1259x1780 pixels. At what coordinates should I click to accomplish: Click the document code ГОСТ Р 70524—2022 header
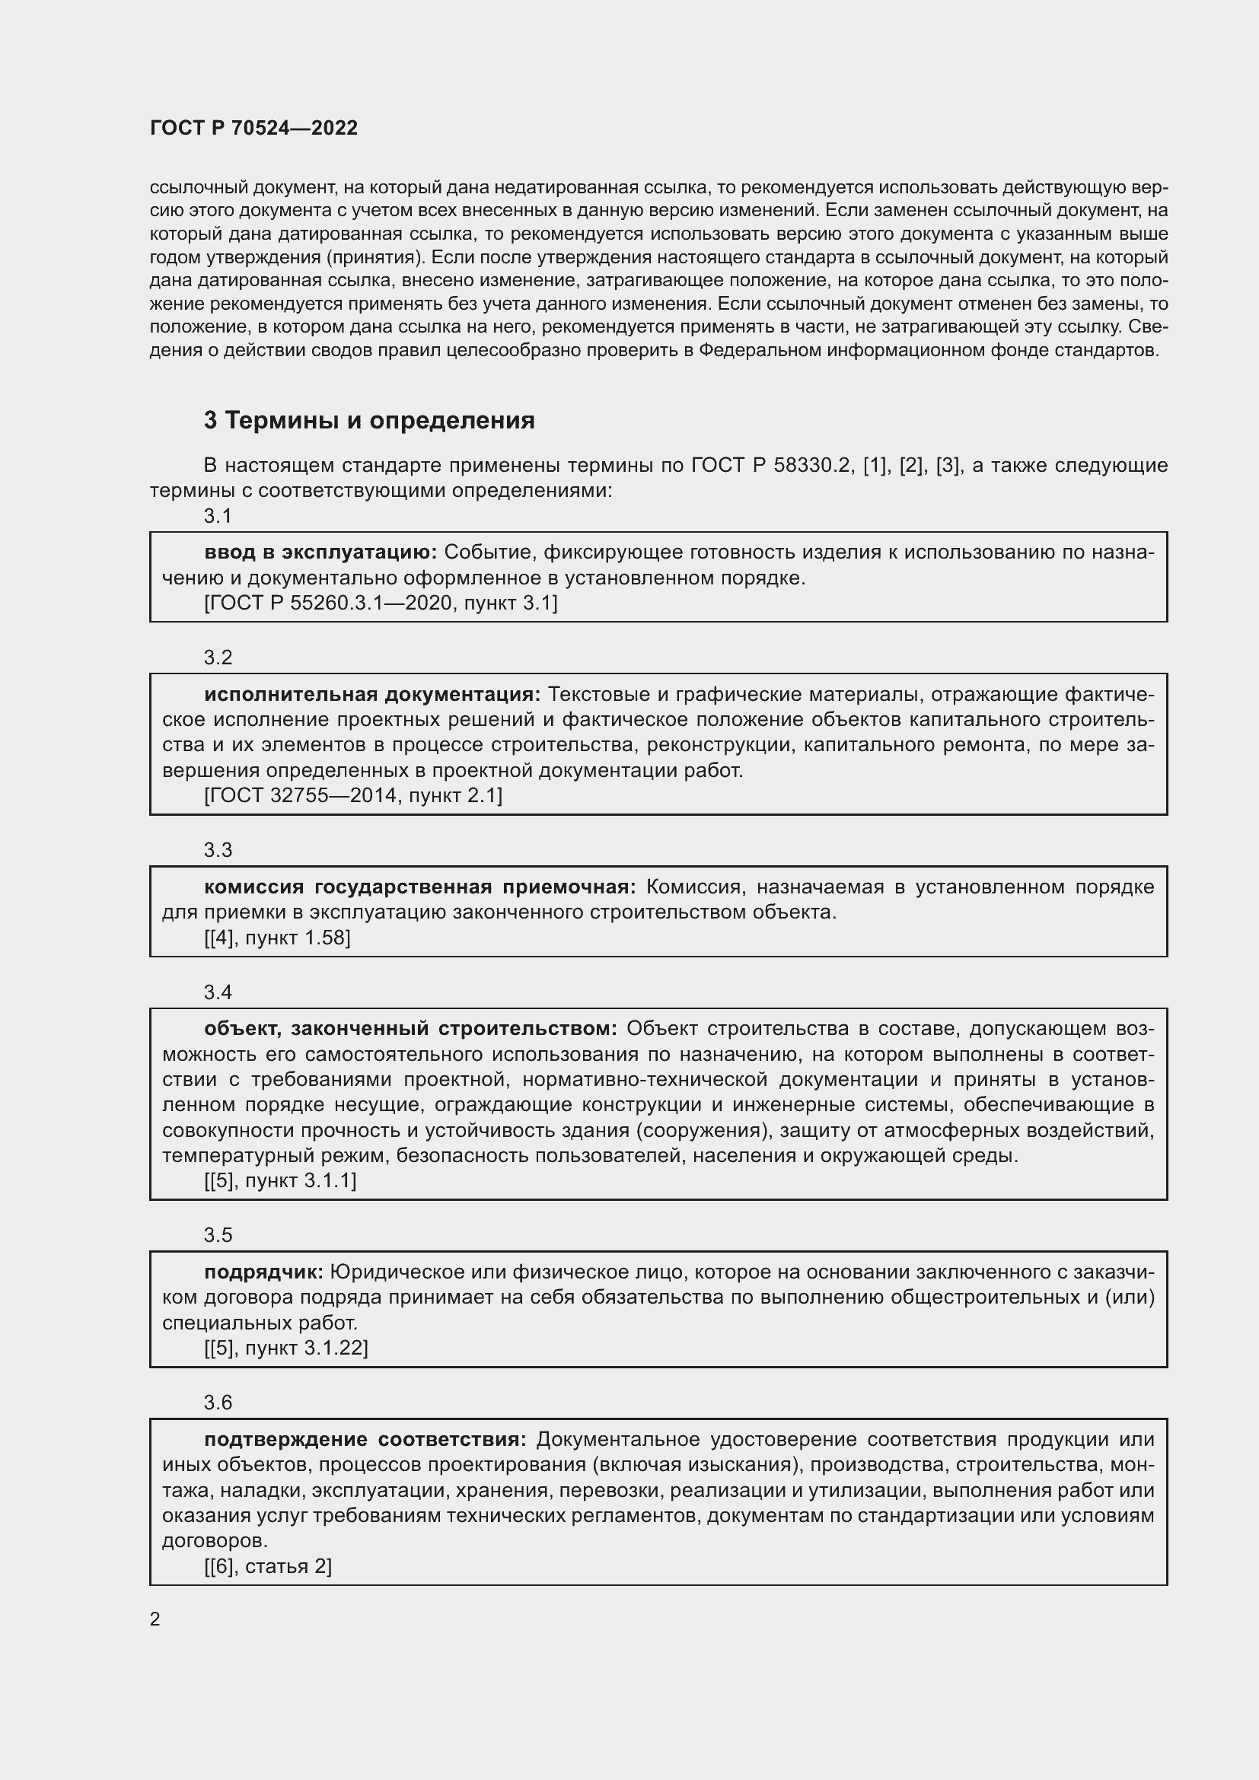(x=253, y=129)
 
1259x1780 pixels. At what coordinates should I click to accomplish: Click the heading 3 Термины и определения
(x=369, y=421)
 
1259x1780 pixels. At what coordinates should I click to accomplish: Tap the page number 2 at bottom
(x=155, y=1619)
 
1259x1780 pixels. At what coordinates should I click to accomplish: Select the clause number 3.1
(x=218, y=516)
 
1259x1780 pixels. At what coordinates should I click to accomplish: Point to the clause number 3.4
(x=218, y=992)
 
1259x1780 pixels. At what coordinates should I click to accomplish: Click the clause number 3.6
(x=218, y=1403)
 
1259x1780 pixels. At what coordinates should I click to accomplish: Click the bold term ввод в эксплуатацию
(x=321, y=552)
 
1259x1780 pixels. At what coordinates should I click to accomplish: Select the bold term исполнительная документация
(x=372, y=695)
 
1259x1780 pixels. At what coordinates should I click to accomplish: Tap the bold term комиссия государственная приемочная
(x=419, y=887)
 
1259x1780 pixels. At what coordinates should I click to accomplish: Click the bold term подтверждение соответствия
(x=365, y=1440)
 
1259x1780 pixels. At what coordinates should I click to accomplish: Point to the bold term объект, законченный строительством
(x=410, y=1029)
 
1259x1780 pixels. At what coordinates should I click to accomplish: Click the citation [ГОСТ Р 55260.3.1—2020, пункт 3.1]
(x=381, y=603)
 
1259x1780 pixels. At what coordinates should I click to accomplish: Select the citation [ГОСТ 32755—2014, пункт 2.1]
(x=352, y=795)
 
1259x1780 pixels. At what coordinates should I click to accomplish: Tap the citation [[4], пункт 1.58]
(x=277, y=938)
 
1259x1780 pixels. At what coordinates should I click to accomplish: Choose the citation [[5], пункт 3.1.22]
(x=286, y=1349)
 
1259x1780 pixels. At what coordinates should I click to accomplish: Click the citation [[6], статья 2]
(x=267, y=1567)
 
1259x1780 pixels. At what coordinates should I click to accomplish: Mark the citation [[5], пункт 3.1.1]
(x=280, y=1181)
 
